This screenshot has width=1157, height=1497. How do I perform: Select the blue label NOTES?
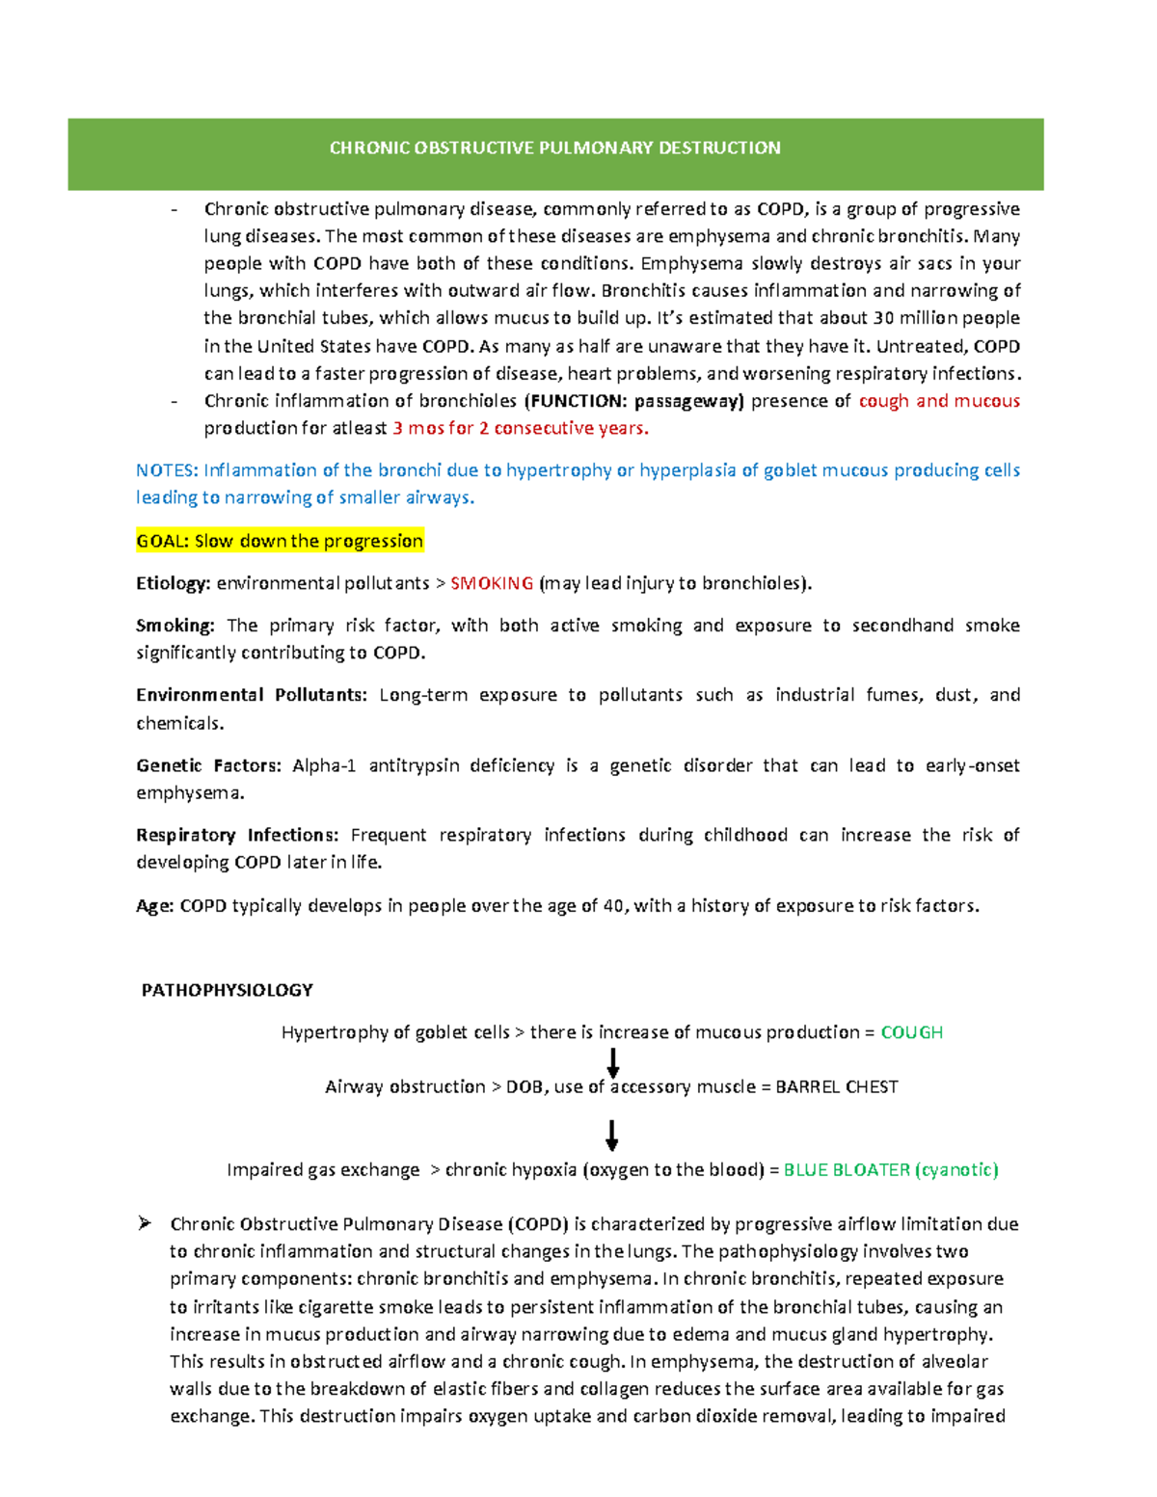click(x=167, y=470)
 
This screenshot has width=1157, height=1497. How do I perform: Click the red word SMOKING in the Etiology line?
click(x=492, y=583)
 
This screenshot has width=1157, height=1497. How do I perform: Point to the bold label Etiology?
click(x=173, y=583)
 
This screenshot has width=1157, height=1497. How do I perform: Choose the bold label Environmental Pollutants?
click(x=251, y=695)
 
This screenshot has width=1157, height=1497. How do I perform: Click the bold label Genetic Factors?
click(x=208, y=765)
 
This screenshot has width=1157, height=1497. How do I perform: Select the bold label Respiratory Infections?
click(x=237, y=835)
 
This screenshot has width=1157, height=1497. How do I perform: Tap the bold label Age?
click(x=154, y=906)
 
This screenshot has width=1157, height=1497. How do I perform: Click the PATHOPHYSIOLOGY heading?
click(x=227, y=990)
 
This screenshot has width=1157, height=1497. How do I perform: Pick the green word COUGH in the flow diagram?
click(x=911, y=1032)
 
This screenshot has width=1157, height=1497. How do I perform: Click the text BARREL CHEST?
click(x=836, y=1087)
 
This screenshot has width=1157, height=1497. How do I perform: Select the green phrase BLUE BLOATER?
click(x=847, y=1170)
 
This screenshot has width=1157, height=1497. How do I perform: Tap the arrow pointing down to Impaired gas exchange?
click(x=611, y=1135)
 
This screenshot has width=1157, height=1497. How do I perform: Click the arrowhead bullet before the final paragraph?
click(x=145, y=1223)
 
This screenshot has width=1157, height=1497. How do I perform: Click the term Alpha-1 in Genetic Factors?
click(x=324, y=765)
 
